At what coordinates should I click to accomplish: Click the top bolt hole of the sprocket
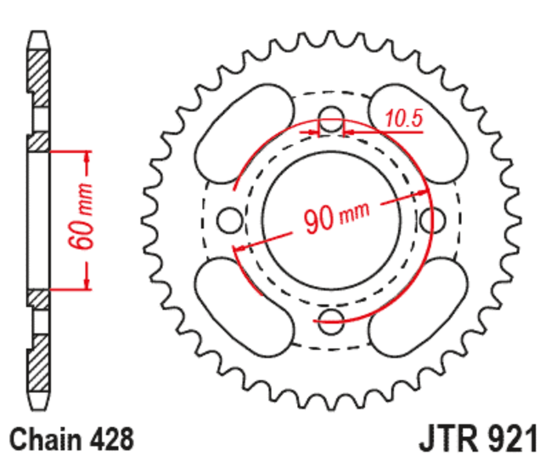332,115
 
